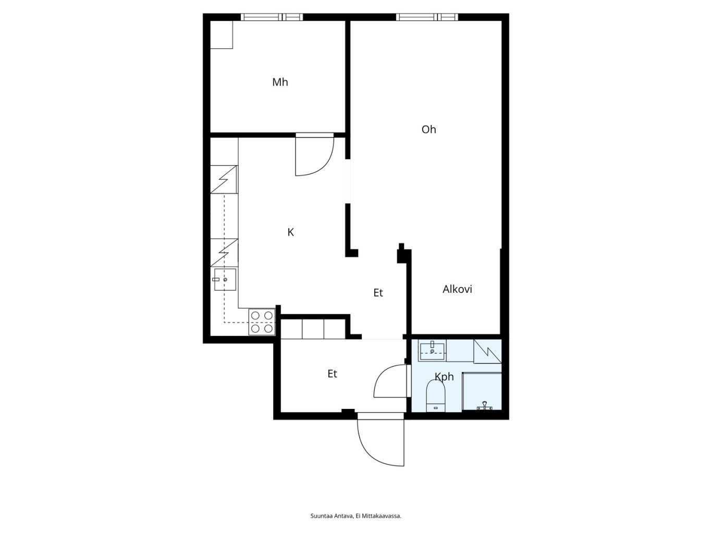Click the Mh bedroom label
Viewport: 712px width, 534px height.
point(280,82)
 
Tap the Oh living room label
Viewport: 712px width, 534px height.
point(428,130)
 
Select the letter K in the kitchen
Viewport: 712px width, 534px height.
point(291,232)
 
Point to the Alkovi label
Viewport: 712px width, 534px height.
point(457,289)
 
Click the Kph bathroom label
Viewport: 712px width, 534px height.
point(444,377)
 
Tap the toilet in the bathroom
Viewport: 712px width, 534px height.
point(435,396)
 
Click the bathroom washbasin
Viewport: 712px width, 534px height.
point(432,351)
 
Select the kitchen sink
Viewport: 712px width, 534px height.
point(225,279)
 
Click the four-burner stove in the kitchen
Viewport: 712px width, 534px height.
point(262,322)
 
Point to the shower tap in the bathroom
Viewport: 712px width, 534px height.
point(484,406)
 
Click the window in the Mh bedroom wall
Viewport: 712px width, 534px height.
point(272,17)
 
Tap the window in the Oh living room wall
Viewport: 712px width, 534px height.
point(427,17)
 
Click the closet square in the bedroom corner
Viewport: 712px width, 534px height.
point(222,35)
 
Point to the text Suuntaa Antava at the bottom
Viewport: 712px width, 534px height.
point(332,516)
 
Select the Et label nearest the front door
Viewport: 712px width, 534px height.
point(332,374)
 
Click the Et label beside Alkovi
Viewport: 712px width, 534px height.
point(378,293)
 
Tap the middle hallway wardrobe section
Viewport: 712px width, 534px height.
point(313,329)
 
